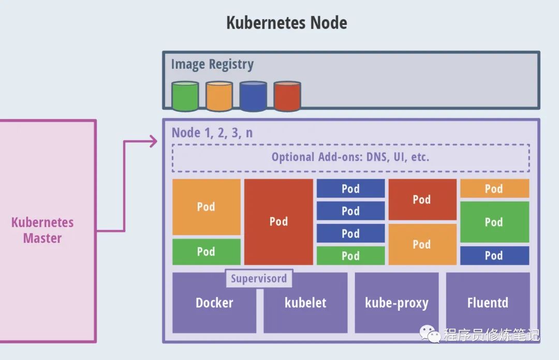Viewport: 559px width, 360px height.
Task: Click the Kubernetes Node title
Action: click(x=287, y=23)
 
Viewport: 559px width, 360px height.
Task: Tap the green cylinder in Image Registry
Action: click(x=185, y=96)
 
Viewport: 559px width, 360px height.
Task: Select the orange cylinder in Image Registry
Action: click(x=219, y=96)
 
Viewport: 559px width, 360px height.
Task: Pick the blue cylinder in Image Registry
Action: click(x=253, y=96)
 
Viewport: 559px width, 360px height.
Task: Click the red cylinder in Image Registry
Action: click(x=287, y=96)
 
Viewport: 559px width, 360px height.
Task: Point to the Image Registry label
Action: click(x=213, y=65)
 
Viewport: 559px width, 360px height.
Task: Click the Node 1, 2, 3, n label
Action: click(x=212, y=133)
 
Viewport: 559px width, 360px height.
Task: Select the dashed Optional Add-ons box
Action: click(x=351, y=157)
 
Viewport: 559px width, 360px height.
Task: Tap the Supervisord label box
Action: click(x=259, y=278)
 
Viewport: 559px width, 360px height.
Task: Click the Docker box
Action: click(x=214, y=303)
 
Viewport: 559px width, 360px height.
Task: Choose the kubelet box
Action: click(x=305, y=303)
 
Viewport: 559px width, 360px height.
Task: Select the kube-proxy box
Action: click(x=397, y=303)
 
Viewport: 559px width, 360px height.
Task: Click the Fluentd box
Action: click(x=488, y=303)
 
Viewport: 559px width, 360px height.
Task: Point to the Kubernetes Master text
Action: click(x=42, y=230)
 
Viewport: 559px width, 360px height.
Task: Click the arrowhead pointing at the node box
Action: click(x=154, y=141)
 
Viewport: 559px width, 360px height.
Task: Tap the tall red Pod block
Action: click(x=278, y=222)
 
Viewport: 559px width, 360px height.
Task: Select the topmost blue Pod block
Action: click(x=351, y=189)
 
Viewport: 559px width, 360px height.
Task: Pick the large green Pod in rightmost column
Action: click(x=494, y=222)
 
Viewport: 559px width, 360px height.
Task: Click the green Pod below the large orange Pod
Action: click(x=207, y=252)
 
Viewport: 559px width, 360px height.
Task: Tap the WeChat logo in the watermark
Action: click(x=430, y=334)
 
